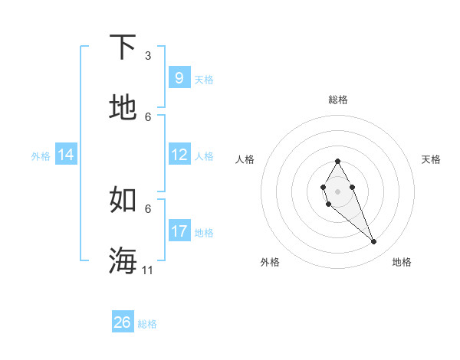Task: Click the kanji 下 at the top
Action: click(x=123, y=47)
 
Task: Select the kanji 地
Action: click(x=123, y=107)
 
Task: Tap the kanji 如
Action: click(x=123, y=199)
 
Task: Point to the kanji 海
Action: click(x=123, y=260)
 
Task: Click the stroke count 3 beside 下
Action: click(x=148, y=56)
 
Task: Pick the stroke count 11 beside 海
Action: click(x=148, y=270)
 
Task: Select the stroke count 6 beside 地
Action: click(x=148, y=117)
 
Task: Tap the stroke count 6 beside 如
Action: click(x=148, y=208)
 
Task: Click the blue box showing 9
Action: click(x=179, y=78)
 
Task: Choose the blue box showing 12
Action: click(x=179, y=155)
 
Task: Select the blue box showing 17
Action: click(x=179, y=231)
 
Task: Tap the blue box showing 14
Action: click(x=66, y=155)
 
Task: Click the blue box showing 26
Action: click(x=123, y=322)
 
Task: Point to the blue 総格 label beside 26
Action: click(x=147, y=324)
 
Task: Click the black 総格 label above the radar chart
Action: click(x=337, y=100)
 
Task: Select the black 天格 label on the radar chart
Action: click(x=431, y=159)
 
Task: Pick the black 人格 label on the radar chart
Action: click(x=245, y=159)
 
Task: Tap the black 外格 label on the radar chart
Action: click(x=270, y=263)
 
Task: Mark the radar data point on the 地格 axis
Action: click(x=374, y=241)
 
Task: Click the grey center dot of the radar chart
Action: click(x=337, y=190)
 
